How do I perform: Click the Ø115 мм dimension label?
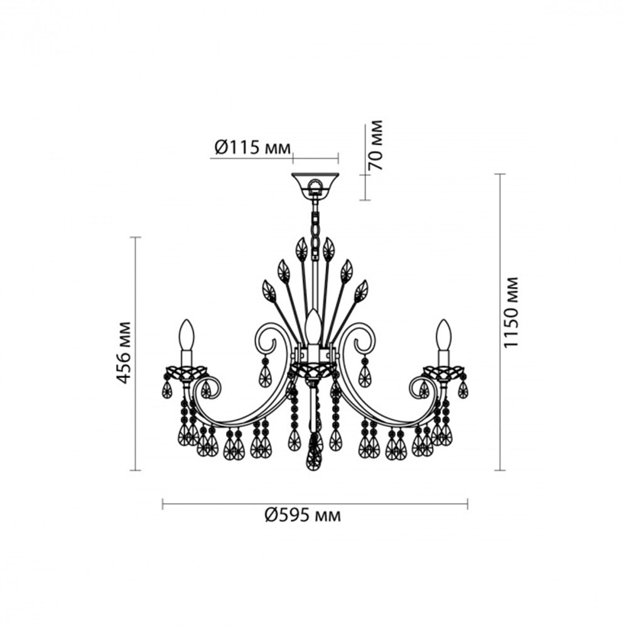(x=252, y=148)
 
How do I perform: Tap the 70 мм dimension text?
(x=375, y=145)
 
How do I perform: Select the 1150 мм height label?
(x=511, y=312)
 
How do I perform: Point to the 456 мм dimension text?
(x=123, y=352)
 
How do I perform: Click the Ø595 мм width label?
(x=303, y=515)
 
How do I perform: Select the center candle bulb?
(x=313, y=327)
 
